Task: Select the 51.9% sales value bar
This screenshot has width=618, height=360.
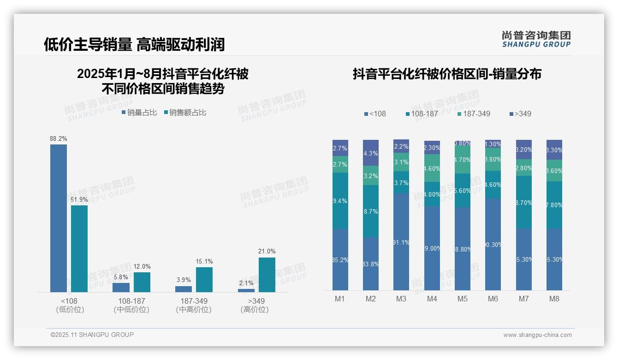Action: [x=79, y=248]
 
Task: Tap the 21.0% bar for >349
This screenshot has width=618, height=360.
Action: [x=267, y=275]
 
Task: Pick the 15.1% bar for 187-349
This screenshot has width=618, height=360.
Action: [x=204, y=280]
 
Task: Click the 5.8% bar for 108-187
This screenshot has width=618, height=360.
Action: [x=121, y=287]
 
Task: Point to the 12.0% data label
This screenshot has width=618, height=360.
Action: [x=142, y=266]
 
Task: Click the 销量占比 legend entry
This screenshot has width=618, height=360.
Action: [x=139, y=113]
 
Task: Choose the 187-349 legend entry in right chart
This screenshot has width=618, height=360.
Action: [x=474, y=114]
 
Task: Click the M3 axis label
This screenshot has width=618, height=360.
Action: [x=401, y=299]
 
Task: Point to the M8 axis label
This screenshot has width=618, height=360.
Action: [x=554, y=299]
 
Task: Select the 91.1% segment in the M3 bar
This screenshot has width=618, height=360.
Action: [x=401, y=241]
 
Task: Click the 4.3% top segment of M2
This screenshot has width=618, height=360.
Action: [x=371, y=153]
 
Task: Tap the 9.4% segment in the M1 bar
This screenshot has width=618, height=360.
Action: [x=340, y=201]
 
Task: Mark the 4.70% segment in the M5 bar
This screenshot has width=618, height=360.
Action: [x=463, y=160]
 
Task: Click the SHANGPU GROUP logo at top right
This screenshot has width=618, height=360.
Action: [x=536, y=39]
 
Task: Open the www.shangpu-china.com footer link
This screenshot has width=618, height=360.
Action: [x=537, y=335]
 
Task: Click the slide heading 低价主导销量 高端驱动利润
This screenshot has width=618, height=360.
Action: [x=134, y=44]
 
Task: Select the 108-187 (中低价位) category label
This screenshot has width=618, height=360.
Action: [x=131, y=305]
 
